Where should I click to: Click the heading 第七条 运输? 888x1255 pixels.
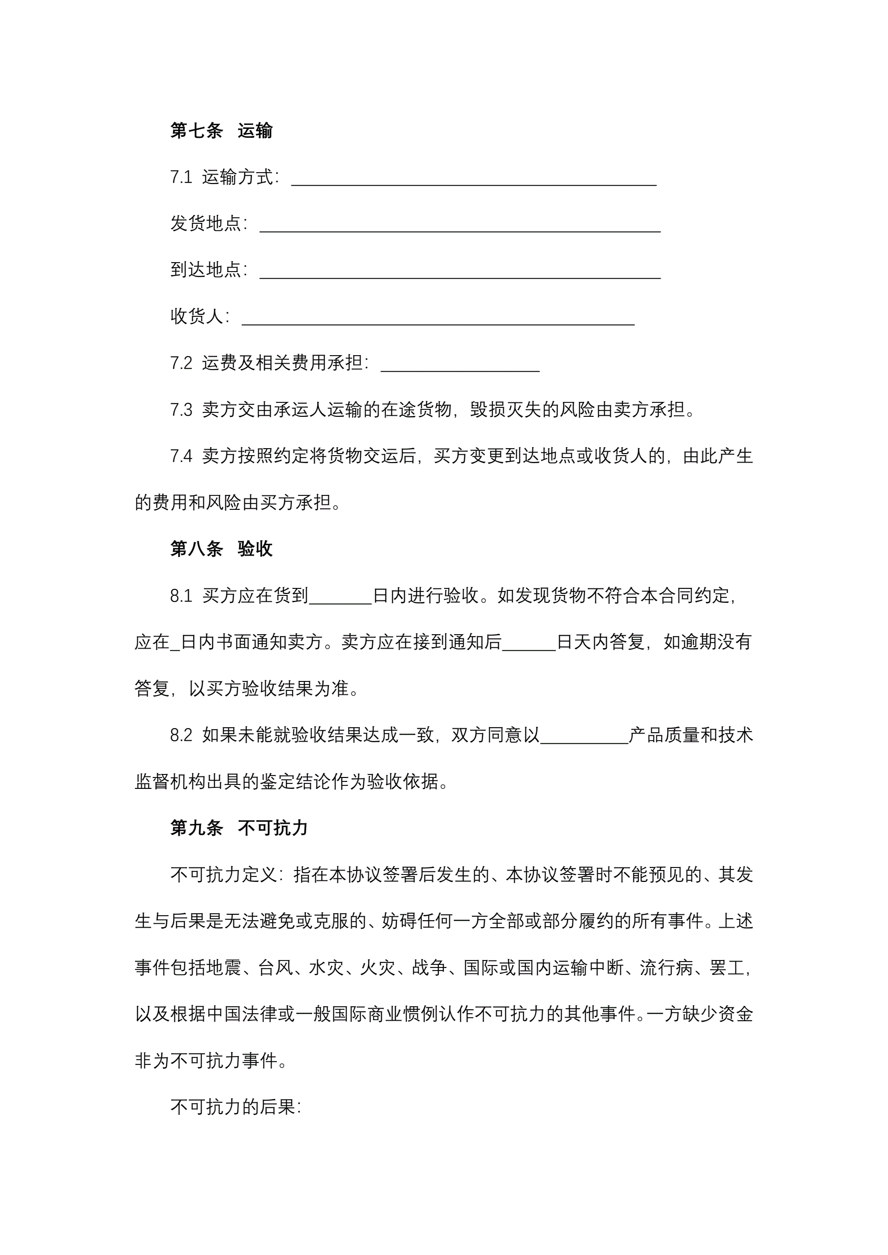(221, 131)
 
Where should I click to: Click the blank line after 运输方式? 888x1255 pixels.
(474, 179)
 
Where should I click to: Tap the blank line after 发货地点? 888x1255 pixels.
(459, 225)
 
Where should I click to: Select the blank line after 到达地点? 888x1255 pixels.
(459, 272)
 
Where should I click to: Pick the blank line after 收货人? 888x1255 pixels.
(437, 318)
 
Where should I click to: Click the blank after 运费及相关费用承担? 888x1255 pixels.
(460, 365)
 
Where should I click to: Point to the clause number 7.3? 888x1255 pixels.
(181, 410)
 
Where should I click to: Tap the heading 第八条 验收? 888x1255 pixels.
(221, 549)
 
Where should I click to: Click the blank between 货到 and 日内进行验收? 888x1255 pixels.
(340, 597)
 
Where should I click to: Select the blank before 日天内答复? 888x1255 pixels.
(529, 643)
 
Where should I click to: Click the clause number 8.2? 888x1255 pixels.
(181, 736)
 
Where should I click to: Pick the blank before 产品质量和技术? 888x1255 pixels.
(584, 737)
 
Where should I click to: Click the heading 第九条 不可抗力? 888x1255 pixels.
(239, 829)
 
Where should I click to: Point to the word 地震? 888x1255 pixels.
(223, 968)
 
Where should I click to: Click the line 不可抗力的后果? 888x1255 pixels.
(236, 1107)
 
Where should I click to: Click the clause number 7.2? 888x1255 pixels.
(181, 364)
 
